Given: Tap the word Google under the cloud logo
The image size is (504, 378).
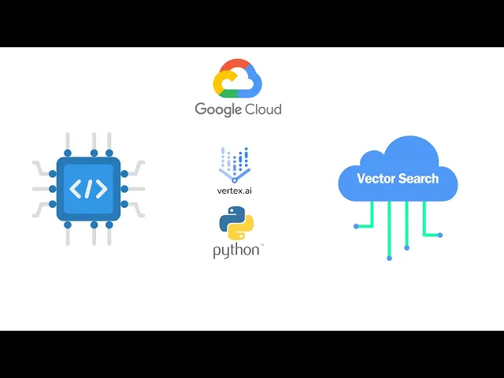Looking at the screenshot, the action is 218,109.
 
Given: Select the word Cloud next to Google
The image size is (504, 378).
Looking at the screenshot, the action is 262,109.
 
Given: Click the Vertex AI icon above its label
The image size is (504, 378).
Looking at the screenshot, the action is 235,164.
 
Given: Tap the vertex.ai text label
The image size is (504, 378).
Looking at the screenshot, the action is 235,191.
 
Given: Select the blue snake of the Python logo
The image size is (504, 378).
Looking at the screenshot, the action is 231,217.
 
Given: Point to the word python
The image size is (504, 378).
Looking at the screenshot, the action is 235,251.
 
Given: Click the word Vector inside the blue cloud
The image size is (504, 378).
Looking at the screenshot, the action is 376,178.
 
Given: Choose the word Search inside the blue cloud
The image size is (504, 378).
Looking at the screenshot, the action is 418,178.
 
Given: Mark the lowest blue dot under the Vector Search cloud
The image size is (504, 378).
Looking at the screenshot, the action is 389,258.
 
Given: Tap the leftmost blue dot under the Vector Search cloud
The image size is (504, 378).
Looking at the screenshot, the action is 356,227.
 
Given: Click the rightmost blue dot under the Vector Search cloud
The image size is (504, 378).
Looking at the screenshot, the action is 440,235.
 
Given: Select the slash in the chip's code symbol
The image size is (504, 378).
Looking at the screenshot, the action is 88,189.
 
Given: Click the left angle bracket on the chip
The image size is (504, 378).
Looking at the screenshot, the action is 76,189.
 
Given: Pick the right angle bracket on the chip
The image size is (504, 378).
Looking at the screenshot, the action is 101,189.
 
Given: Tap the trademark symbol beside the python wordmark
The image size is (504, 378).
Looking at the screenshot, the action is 262,246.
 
